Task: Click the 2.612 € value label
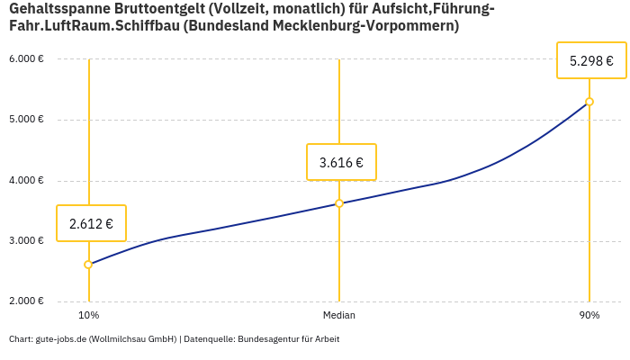[91, 223]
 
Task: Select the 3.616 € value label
[341, 162]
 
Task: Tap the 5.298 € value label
[591, 61]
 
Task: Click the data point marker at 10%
[88, 265]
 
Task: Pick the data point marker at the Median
[339, 203]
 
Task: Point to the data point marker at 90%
[589, 102]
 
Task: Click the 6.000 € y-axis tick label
[26, 58]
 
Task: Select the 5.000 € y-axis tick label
[26, 120]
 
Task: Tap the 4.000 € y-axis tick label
[26, 180]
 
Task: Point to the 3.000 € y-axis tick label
[26, 241]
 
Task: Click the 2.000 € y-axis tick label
[26, 301]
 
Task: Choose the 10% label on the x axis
[88, 316]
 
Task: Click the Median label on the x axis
[339, 316]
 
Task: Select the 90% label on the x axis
[589, 316]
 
